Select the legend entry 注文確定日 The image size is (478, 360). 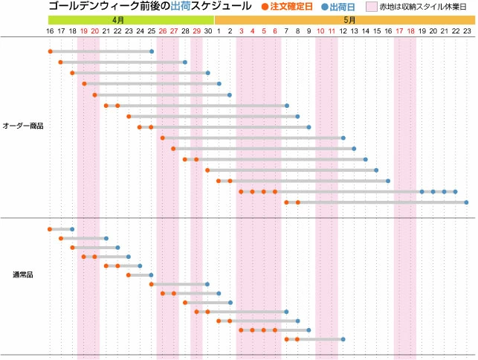coord(291,7)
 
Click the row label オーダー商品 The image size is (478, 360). coord(23,126)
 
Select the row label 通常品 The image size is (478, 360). coord(23,274)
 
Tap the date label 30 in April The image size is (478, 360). coord(207,31)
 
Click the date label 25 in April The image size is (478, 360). coord(151,31)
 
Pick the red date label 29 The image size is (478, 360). coord(196,31)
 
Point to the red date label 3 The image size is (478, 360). coord(241,31)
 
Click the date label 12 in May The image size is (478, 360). coord(343,31)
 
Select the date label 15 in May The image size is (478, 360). coord(377,31)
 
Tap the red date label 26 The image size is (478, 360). coord(162,31)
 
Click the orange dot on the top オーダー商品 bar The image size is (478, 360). coord(50,51)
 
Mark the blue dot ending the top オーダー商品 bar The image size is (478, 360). coord(152,51)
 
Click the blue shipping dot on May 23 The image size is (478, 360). coord(466,202)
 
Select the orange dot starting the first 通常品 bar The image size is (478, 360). coord(50,229)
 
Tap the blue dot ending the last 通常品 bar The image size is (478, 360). coord(343,339)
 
